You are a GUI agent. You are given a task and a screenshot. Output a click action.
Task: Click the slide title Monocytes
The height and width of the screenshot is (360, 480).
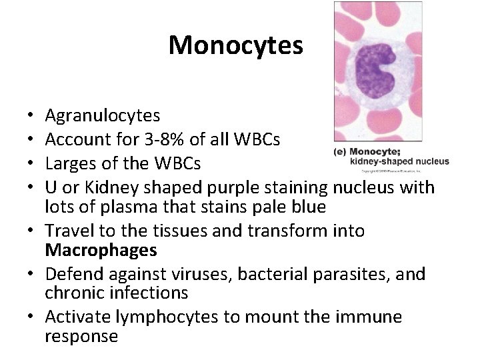coord(236,45)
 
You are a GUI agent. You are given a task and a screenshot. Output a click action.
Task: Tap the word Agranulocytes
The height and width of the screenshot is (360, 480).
coord(102,116)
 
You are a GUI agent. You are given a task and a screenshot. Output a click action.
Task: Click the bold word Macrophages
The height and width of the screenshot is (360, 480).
coord(101,251)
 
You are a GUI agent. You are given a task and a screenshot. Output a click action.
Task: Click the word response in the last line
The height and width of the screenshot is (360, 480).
coord(81,336)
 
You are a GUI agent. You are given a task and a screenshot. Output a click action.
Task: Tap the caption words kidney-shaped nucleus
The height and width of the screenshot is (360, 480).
coord(398,161)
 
